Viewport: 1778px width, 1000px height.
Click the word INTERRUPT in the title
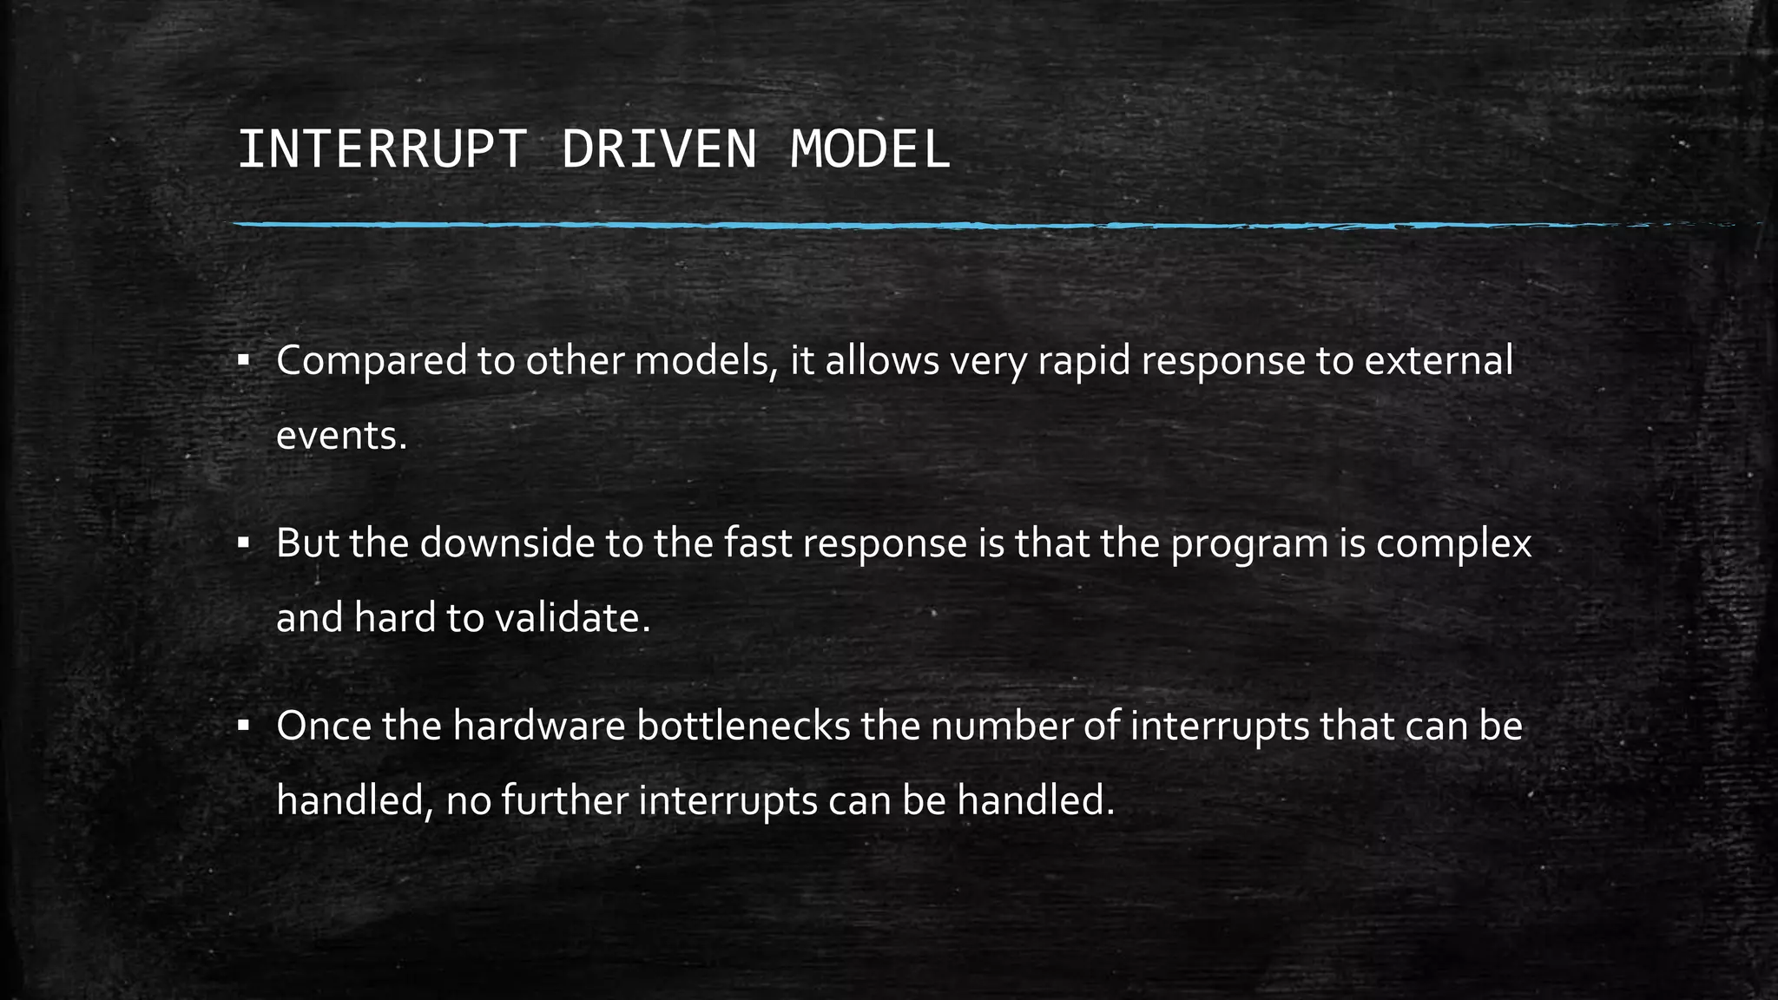(x=381, y=149)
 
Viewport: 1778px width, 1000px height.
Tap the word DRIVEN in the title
(x=659, y=149)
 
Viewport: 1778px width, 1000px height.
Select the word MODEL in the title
(x=870, y=149)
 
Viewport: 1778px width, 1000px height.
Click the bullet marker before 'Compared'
(x=243, y=359)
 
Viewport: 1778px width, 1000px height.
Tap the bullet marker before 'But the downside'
(x=243, y=543)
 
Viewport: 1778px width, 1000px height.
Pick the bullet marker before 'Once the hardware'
(x=243, y=726)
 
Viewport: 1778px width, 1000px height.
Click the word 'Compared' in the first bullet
(x=372, y=361)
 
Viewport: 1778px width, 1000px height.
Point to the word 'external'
(x=1439, y=361)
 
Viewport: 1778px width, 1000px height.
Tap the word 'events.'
(x=341, y=436)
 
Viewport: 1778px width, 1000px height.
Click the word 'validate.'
(x=572, y=618)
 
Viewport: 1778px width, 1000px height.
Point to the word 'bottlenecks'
(x=743, y=727)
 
